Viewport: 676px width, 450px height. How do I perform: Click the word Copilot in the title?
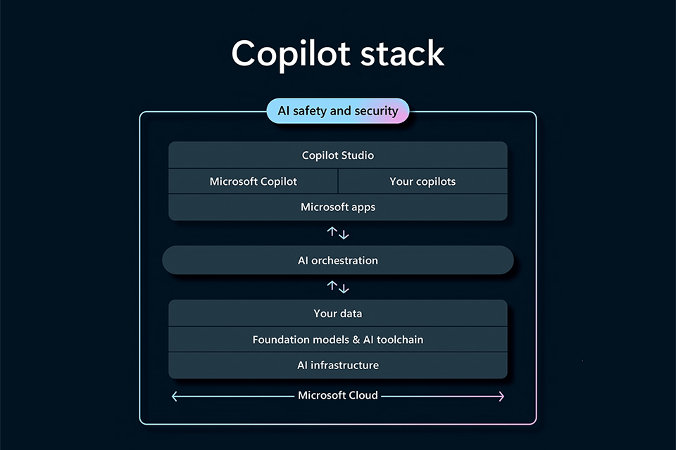291,53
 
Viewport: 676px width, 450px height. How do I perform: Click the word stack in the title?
402,53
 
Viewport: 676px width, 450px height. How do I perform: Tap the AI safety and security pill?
338,110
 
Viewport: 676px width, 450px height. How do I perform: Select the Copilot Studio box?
338,155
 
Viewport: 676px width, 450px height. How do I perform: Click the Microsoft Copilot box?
253,181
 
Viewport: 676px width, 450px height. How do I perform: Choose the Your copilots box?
423,181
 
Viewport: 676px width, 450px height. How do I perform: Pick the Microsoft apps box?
338,207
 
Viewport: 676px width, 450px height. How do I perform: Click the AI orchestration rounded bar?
338,260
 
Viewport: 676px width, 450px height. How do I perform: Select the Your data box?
338,313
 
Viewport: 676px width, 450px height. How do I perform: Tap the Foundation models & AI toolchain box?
338,340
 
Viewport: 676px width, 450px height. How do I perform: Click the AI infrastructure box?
338,365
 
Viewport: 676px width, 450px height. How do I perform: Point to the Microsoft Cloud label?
338,395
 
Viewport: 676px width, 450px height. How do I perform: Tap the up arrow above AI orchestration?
332,231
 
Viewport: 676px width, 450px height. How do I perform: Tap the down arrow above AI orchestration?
344,235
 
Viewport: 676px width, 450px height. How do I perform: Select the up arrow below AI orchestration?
332,285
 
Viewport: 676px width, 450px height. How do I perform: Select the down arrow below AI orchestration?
344,288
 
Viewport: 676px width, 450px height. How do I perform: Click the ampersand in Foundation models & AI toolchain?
356,340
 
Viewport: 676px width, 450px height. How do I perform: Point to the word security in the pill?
376,111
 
